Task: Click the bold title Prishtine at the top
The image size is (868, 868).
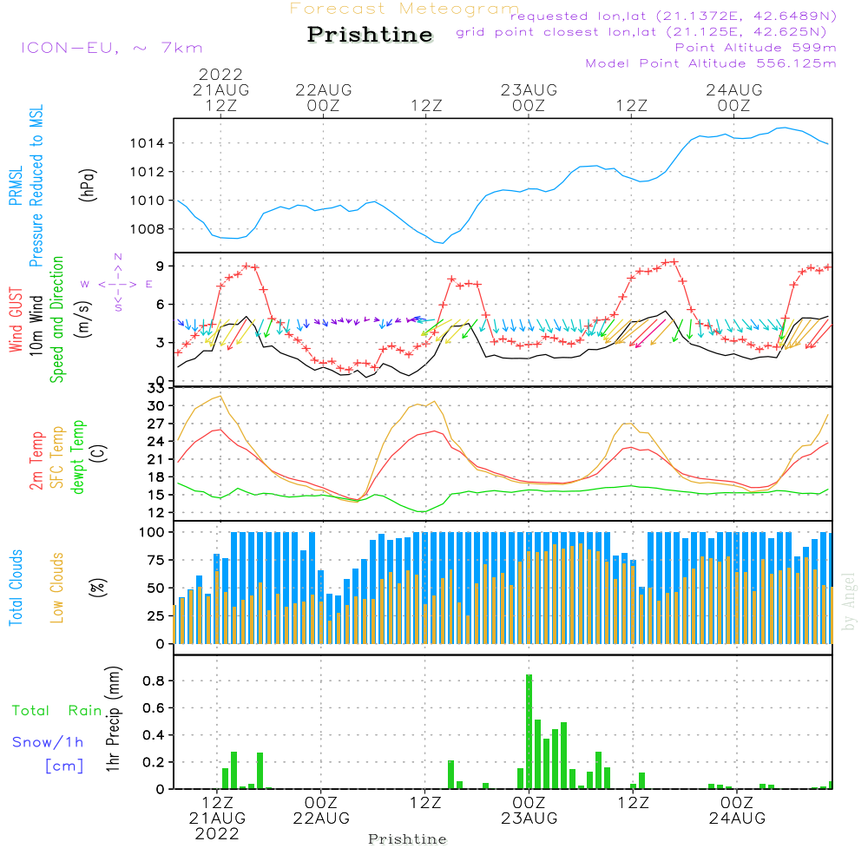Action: point(370,35)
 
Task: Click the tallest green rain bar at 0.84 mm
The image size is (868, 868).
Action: point(529,731)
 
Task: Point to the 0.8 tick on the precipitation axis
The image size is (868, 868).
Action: point(155,681)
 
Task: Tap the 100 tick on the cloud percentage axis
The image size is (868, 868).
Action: point(153,531)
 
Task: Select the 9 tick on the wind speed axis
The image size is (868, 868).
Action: point(161,266)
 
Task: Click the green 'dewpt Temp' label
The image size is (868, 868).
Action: point(78,457)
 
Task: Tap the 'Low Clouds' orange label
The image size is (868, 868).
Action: point(57,587)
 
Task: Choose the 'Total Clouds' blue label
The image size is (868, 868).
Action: point(16,587)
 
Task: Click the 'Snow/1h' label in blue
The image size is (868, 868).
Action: point(49,742)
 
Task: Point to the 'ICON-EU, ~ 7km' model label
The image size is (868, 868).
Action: point(111,48)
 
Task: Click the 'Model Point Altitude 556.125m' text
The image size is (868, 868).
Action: point(711,63)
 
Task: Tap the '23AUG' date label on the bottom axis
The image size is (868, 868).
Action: point(529,818)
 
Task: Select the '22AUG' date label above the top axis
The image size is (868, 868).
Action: point(324,89)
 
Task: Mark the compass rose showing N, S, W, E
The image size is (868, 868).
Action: point(118,283)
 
